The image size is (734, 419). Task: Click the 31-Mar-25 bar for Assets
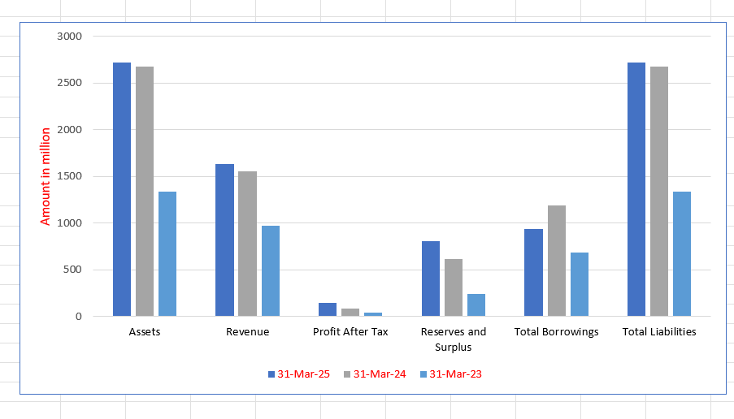click(x=122, y=189)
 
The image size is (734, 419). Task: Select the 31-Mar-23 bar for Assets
click(x=167, y=253)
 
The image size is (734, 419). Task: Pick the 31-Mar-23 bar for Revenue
click(x=271, y=270)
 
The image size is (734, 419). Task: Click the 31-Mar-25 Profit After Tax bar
click(x=328, y=309)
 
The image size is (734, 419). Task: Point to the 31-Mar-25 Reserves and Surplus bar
click(x=431, y=279)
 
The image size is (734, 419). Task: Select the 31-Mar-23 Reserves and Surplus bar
click(x=476, y=305)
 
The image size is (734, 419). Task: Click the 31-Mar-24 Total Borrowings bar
click(x=556, y=261)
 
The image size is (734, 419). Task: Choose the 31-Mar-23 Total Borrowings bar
click(x=579, y=284)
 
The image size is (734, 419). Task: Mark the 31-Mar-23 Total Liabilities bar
click(x=682, y=253)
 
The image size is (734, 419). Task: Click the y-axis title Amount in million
click(x=46, y=176)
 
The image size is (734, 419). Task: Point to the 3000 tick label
click(x=70, y=37)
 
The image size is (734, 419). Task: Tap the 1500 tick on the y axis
click(x=70, y=176)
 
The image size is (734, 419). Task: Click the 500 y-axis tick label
click(x=73, y=270)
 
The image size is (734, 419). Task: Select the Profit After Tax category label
click(x=350, y=332)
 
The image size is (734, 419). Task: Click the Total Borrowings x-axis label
click(x=556, y=332)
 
